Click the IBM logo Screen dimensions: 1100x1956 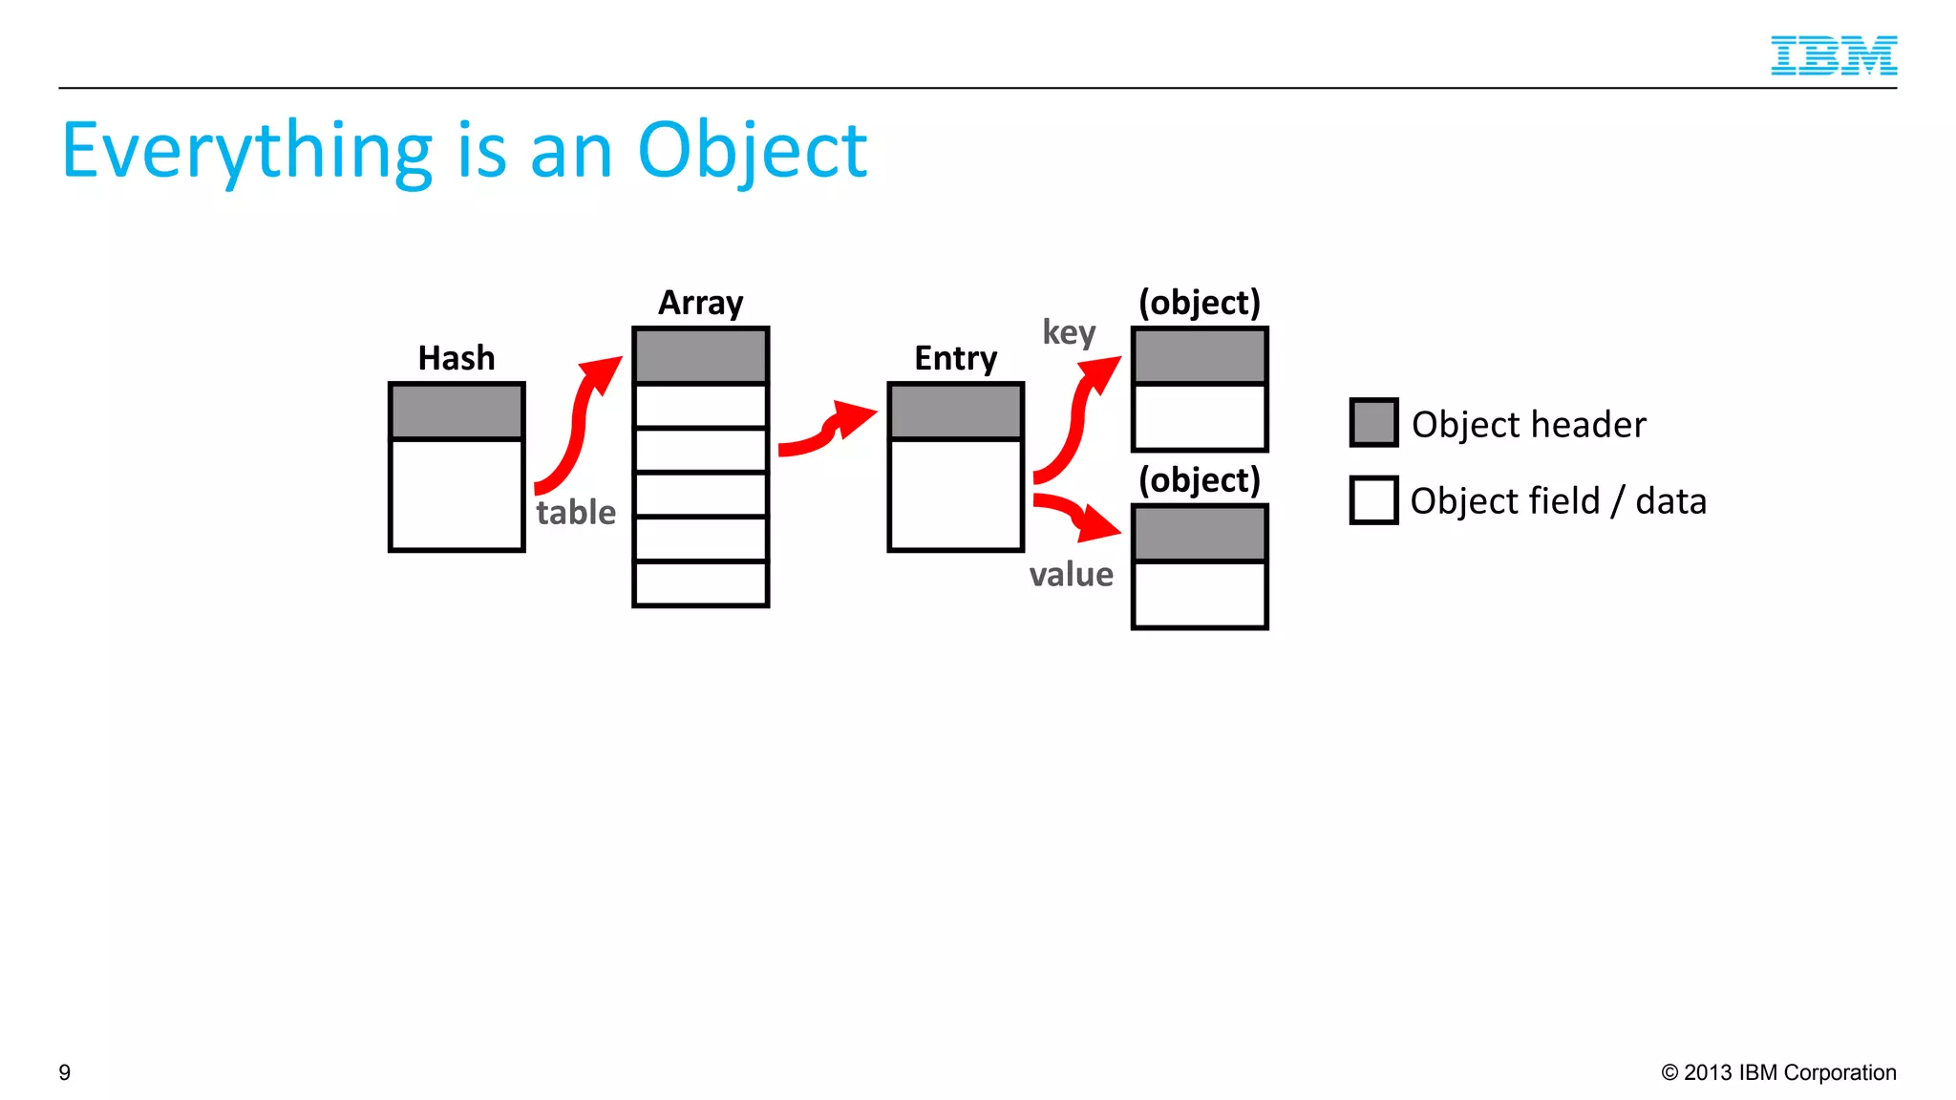pos(1833,55)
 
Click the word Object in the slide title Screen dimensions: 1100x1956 pos(752,151)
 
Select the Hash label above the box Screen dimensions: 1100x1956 pos(457,358)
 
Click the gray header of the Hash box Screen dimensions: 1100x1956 pos(457,412)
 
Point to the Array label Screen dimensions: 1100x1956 pos(700,303)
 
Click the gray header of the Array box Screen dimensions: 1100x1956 pos(700,356)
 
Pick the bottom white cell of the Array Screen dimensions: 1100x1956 pos(700,582)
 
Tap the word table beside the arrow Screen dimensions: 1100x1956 pos(576,513)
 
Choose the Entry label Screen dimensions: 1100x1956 pos(955,358)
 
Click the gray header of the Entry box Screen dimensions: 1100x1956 pos(955,412)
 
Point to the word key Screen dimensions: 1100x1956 pos(1069,332)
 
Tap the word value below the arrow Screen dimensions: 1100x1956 pos(1071,575)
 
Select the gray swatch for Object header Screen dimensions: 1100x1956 pos(1373,423)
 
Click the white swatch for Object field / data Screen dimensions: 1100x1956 pos(1373,500)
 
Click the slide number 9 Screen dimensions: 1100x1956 pos(65,1072)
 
